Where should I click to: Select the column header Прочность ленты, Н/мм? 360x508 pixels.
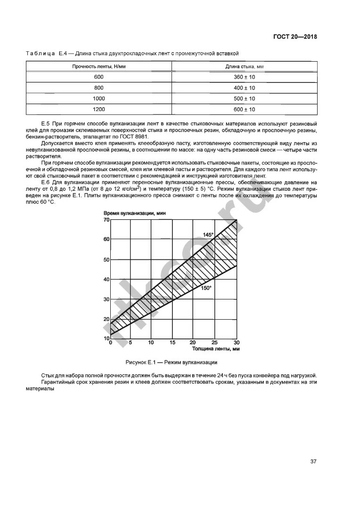tap(99, 66)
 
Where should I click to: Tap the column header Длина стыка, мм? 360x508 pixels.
tap(244, 66)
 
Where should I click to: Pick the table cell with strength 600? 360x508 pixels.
tap(99, 77)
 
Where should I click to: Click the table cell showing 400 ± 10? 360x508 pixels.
tap(244, 88)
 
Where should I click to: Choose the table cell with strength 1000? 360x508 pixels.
tap(99, 99)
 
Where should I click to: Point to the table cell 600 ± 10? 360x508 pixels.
tap(244, 109)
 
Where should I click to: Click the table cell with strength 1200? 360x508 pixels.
tap(99, 109)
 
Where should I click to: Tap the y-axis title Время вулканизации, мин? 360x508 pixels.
tap(135, 213)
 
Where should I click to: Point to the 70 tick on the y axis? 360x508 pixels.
tap(106, 220)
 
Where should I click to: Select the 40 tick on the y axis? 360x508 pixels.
tap(106, 279)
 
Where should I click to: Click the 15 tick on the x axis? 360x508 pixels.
tap(172, 342)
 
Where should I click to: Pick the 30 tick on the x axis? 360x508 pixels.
tap(237, 342)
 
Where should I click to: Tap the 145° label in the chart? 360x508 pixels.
tap(208, 234)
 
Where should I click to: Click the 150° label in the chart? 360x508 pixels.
tap(206, 288)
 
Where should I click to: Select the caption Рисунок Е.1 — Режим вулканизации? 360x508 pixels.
tap(171, 362)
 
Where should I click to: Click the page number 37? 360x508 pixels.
tap(313, 461)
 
